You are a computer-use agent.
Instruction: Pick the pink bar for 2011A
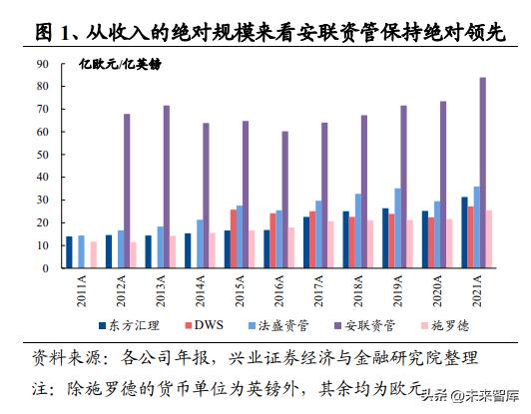click(x=94, y=255)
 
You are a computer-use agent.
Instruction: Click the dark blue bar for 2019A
click(x=385, y=238)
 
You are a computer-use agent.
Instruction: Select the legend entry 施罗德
click(x=452, y=324)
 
